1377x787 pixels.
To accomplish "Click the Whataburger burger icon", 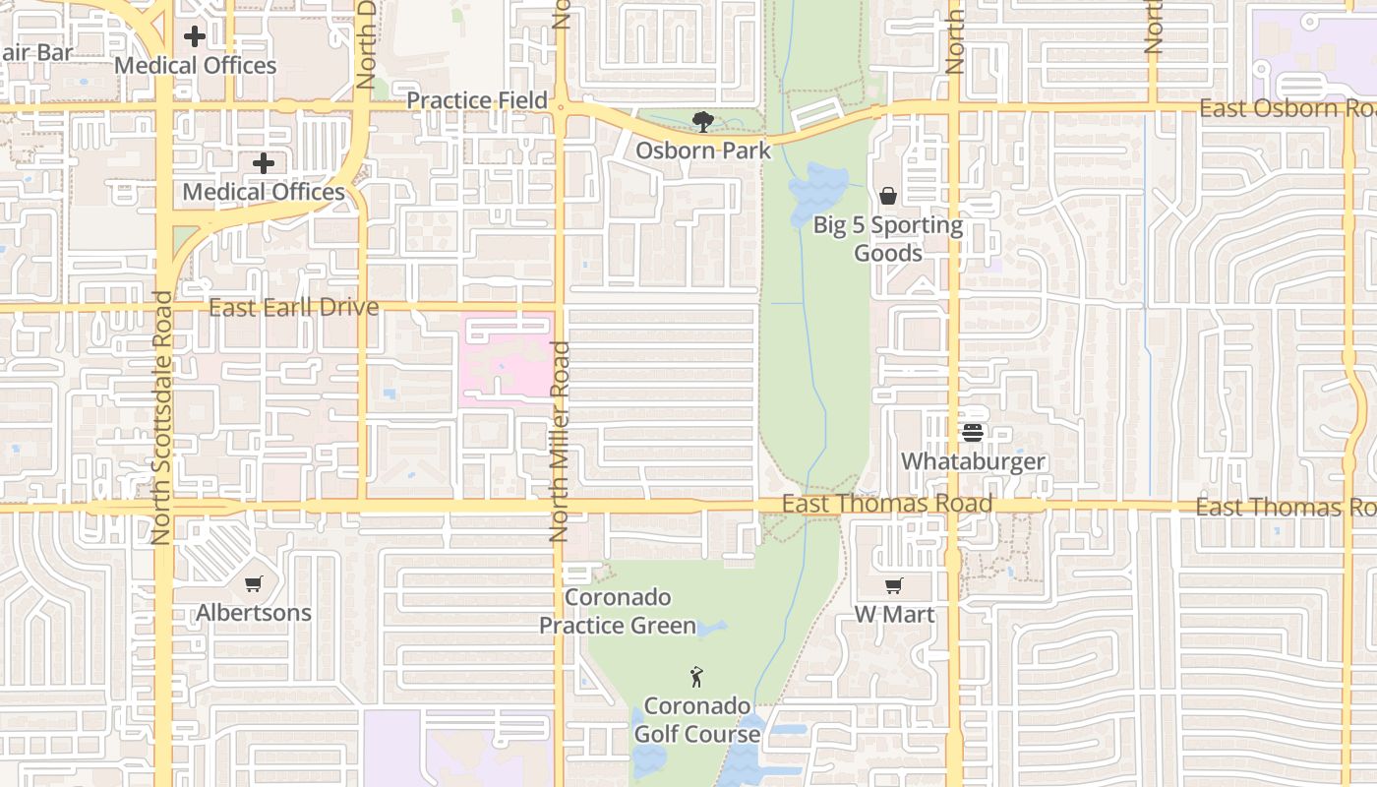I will [x=973, y=433].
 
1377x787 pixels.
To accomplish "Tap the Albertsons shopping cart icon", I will [x=254, y=584].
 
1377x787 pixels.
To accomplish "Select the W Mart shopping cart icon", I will [x=894, y=586].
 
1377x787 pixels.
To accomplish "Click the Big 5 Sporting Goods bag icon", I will [x=888, y=196].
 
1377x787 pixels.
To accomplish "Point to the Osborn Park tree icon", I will [x=702, y=122].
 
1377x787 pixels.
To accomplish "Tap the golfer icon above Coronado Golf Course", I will [x=696, y=677].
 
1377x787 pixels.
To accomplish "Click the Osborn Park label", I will [x=702, y=151].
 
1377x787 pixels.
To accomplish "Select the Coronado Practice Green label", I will [x=618, y=611].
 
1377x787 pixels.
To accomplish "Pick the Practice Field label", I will [x=477, y=100].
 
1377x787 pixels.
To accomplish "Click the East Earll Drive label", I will [x=293, y=307].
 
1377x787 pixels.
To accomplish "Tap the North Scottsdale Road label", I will [x=162, y=418].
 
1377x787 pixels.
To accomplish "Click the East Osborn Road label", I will [x=1285, y=108].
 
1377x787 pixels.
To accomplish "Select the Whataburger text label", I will [x=973, y=461].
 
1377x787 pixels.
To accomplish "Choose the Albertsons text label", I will [x=254, y=613].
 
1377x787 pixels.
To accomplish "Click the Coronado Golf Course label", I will [x=696, y=720].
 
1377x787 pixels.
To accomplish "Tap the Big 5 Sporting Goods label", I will [x=888, y=239].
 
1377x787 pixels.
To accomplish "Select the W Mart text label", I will [x=894, y=615].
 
